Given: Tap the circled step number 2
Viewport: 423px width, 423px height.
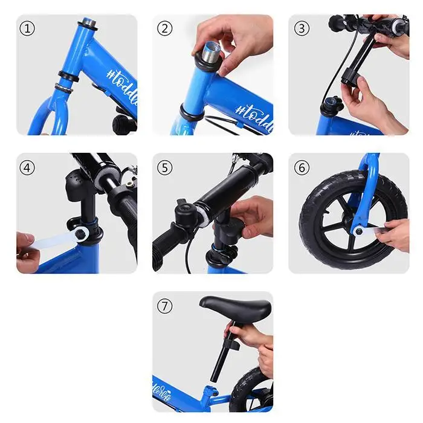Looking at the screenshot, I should tap(164, 28).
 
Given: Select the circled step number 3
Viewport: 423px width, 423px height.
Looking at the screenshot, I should tap(302, 28).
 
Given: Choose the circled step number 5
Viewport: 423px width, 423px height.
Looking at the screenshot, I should tap(164, 167).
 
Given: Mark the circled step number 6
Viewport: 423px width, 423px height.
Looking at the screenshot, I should tap(302, 167).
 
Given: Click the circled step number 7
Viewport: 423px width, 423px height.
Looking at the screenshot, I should tap(164, 306).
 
